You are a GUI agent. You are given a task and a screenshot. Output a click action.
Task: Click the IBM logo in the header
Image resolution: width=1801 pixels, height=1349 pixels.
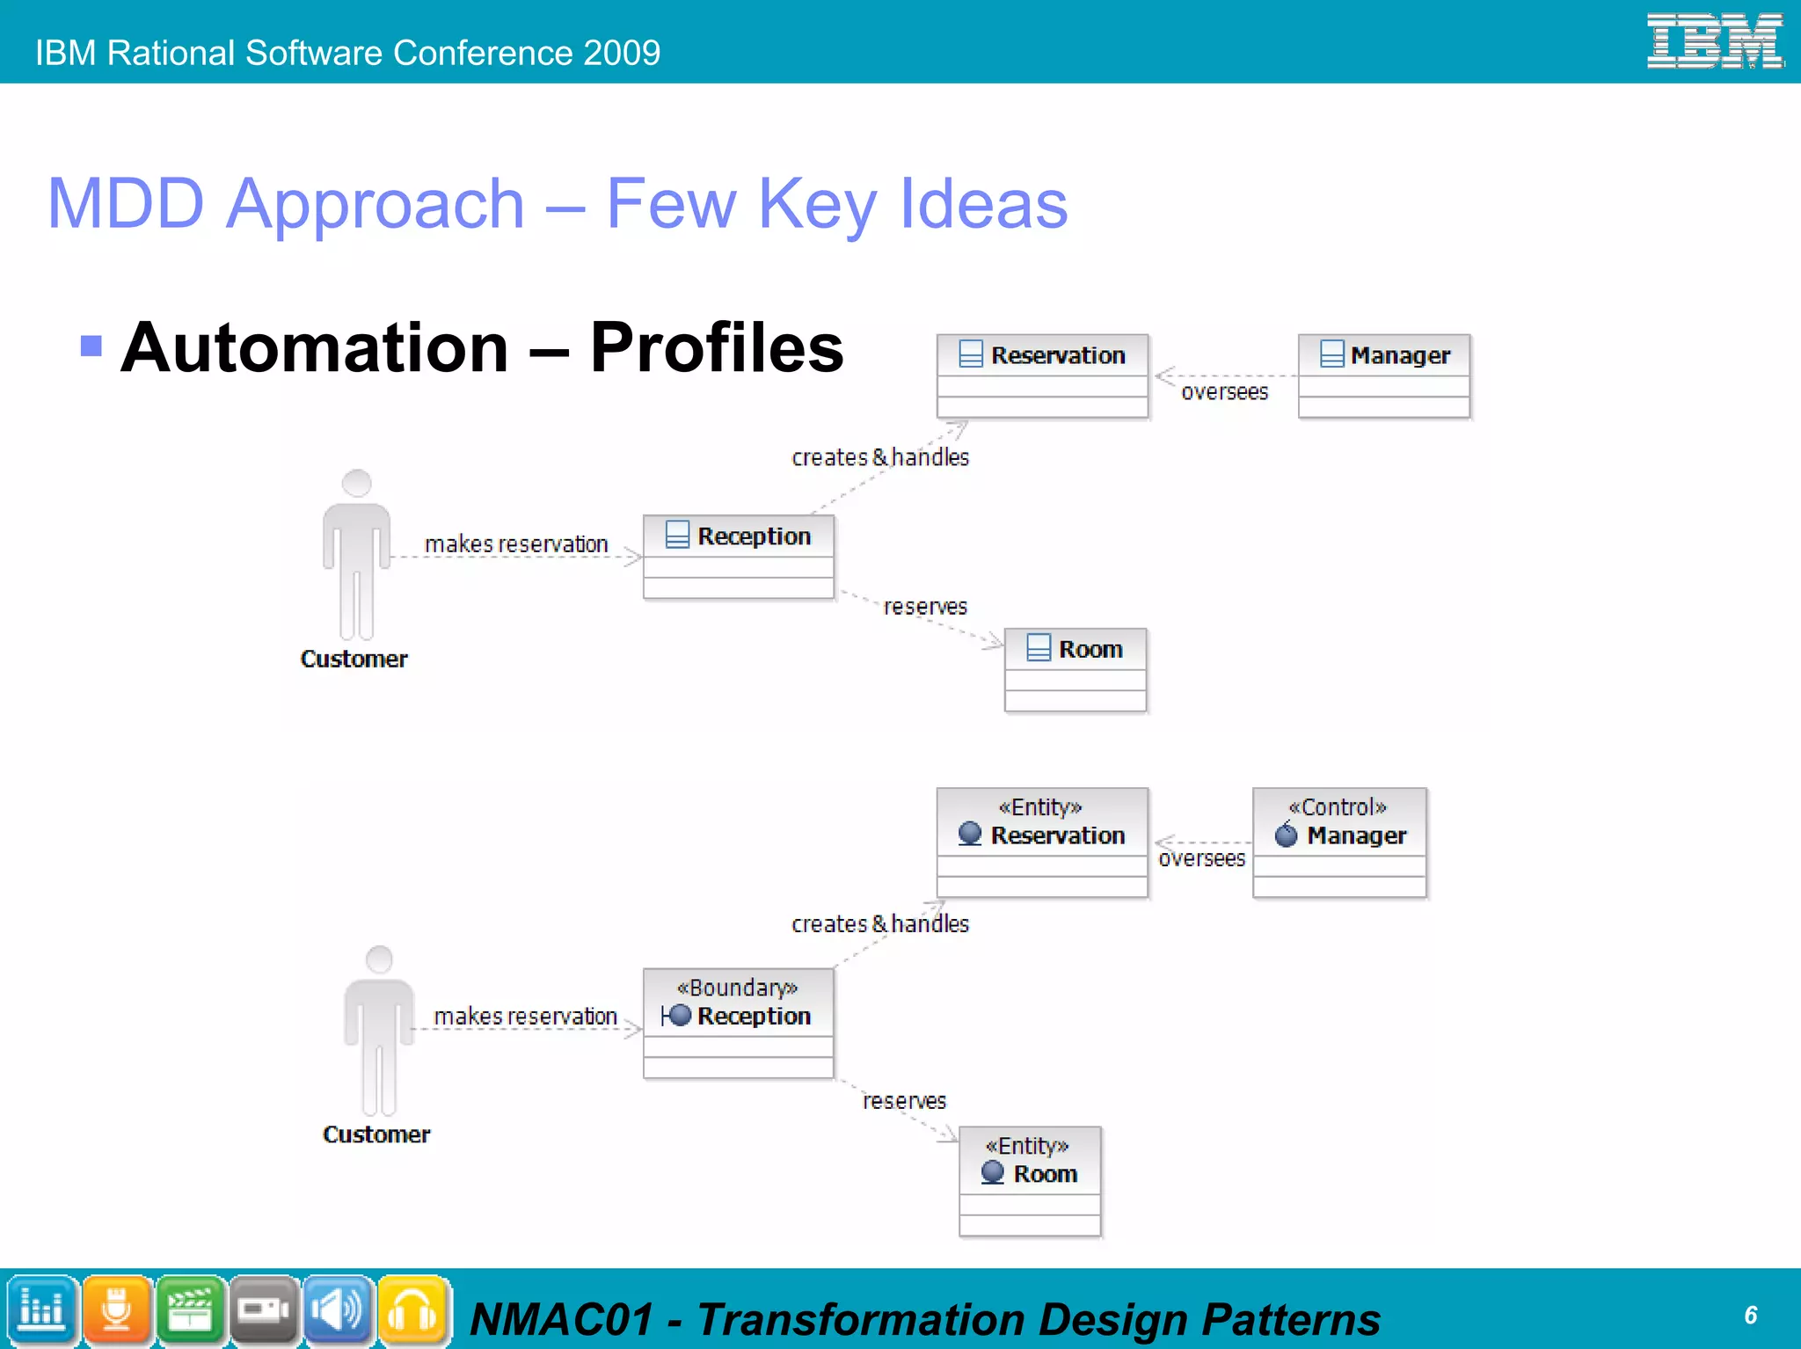[x=1714, y=40]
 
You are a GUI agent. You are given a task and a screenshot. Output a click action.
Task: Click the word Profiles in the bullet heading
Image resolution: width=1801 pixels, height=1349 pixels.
[x=716, y=347]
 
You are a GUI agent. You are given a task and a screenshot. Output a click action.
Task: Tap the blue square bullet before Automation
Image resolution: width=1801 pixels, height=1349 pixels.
[x=91, y=346]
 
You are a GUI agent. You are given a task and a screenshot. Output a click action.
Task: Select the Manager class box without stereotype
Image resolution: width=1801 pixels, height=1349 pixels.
[x=1383, y=376]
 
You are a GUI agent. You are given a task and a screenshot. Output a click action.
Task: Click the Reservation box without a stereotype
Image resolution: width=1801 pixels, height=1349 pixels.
[x=1042, y=376]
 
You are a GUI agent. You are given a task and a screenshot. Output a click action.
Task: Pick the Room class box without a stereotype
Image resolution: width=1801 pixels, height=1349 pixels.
[x=1075, y=669]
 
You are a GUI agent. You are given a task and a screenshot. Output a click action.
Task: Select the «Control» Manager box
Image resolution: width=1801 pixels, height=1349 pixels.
[x=1338, y=842]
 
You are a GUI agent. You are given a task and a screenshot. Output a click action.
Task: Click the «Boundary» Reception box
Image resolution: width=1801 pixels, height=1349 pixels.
[x=738, y=1023]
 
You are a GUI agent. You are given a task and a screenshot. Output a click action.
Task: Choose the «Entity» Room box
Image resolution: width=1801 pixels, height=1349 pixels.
[x=1029, y=1181]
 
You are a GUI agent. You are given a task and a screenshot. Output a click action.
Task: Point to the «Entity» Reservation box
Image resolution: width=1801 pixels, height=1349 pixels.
[x=1042, y=842]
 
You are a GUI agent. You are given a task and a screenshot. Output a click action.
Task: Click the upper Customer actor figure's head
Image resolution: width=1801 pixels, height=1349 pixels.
[x=356, y=484]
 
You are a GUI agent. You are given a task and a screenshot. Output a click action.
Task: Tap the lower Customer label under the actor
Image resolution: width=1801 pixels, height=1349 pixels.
[x=376, y=1134]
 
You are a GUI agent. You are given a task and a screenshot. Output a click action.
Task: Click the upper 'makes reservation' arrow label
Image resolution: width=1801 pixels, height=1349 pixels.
[x=516, y=544]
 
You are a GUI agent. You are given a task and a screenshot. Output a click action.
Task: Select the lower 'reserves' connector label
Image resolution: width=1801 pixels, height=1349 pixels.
[x=904, y=1101]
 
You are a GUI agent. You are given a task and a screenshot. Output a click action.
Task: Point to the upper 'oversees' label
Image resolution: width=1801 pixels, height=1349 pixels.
[x=1224, y=392]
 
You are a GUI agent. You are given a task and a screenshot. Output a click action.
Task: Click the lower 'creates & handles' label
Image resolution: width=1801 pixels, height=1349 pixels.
[x=879, y=924]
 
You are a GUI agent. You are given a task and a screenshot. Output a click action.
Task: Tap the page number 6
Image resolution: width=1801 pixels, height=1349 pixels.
[x=1750, y=1315]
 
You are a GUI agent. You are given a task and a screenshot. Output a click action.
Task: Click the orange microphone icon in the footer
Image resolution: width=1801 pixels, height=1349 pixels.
[x=116, y=1309]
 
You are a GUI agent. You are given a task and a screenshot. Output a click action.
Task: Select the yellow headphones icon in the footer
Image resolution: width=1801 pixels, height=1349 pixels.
[x=412, y=1309]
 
